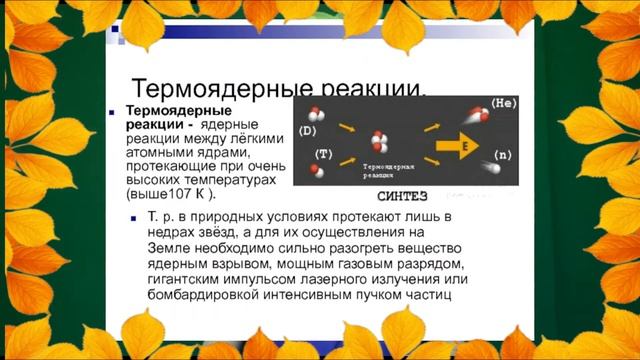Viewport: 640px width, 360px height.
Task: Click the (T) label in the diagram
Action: pos(323,153)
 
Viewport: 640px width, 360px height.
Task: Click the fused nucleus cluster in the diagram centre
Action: pos(380,141)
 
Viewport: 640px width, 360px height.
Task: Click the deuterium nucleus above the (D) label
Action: pos(312,113)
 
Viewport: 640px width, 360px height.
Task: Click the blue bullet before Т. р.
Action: pos(137,218)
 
